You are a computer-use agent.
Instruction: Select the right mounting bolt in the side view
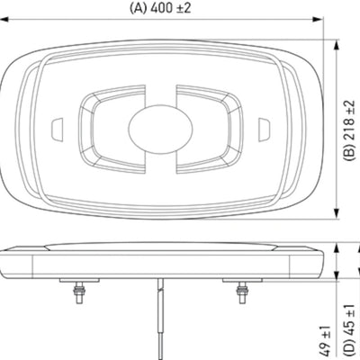[240, 293]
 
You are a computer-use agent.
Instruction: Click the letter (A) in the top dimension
[138, 8]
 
